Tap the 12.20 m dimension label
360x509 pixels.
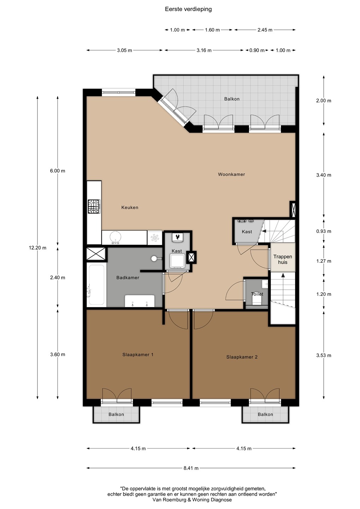(x=37, y=248)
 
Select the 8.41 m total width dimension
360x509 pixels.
(x=191, y=468)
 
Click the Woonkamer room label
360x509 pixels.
(x=231, y=174)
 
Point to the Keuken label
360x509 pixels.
(x=130, y=207)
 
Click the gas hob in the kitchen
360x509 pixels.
(x=94, y=206)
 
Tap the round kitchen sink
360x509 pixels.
(x=116, y=238)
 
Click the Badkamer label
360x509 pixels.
(x=128, y=277)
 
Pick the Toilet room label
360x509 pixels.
(x=257, y=294)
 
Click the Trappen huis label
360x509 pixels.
(x=283, y=259)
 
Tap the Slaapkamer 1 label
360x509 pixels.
(x=138, y=355)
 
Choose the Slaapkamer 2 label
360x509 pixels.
(x=242, y=357)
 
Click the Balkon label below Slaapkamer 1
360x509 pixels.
(x=116, y=414)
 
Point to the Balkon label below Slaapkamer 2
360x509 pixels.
(x=265, y=414)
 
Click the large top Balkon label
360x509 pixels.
(x=232, y=99)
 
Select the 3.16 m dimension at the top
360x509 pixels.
(x=204, y=50)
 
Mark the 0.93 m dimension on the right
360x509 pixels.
(x=324, y=231)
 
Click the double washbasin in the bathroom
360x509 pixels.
(x=140, y=301)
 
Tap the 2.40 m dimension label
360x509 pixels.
(x=58, y=277)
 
